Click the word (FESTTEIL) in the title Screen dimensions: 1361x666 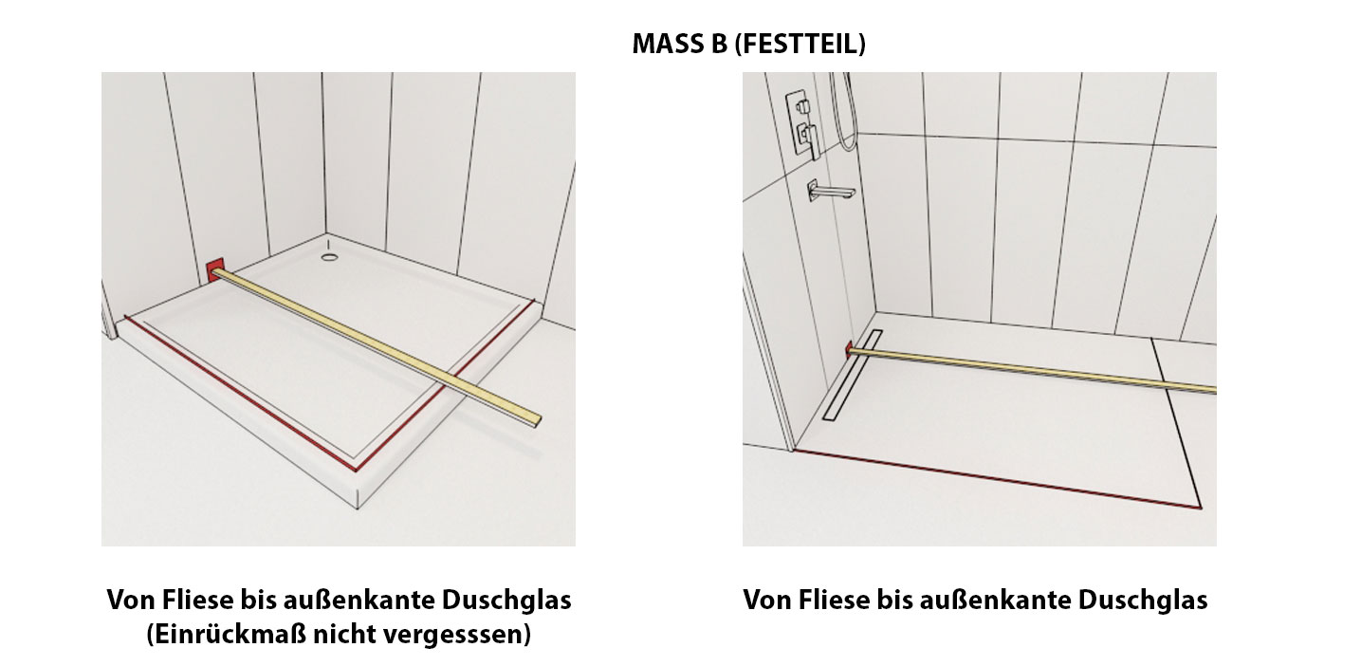[x=800, y=44]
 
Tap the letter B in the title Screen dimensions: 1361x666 [x=718, y=44]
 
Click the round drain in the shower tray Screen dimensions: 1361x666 [x=329, y=257]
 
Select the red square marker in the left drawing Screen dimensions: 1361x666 [x=215, y=269]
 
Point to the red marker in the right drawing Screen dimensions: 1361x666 [x=850, y=349]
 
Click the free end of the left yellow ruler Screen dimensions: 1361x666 [x=537, y=421]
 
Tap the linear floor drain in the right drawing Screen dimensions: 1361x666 [x=853, y=375]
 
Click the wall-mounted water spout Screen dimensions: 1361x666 [x=831, y=191]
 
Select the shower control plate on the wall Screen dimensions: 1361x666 [x=802, y=124]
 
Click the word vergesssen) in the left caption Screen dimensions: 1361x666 [x=458, y=635]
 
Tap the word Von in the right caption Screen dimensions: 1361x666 [x=766, y=601]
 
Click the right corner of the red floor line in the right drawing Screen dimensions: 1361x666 [x=1200, y=508]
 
